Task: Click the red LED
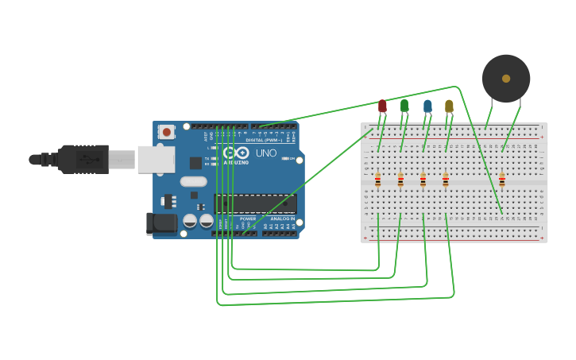(x=382, y=106)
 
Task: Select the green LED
(x=404, y=106)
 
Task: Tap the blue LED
(x=427, y=106)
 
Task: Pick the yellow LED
(x=449, y=106)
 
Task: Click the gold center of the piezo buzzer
(x=506, y=78)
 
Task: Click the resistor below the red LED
(x=377, y=180)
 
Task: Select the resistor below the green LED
(x=400, y=180)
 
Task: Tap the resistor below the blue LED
(x=423, y=180)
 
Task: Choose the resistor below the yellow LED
(x=445, y=180)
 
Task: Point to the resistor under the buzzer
(x=501, y=180)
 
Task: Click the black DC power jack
(x=162, y=223)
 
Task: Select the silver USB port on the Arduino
(x=156, y=159)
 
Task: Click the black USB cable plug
(x=82, y=159)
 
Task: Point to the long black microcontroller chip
(x=256, y=204)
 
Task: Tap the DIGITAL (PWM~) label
(x=264, y=140)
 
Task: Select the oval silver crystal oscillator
(x=193, y=181)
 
